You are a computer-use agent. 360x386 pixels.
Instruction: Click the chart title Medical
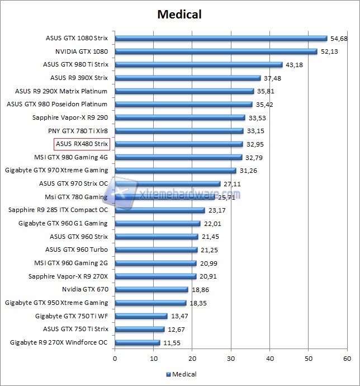tap(180, 13)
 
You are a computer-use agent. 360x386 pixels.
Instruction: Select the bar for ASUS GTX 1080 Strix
tap(221, 39)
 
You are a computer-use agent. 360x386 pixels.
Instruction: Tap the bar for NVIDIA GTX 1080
tap(216, 51)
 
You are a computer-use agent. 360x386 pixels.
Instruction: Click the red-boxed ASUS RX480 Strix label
tap(82, 144)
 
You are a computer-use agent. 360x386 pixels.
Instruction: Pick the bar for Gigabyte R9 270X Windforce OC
tap(138, 342)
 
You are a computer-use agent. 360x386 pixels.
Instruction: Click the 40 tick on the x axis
tap(270, 359)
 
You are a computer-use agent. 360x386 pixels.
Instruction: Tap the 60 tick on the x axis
tap(347, 359)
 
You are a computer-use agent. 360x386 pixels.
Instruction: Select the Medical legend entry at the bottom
tap(181, 374)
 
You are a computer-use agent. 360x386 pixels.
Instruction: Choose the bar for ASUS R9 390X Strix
tap(188, 78)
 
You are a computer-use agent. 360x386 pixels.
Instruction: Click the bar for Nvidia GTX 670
tap(151, 289)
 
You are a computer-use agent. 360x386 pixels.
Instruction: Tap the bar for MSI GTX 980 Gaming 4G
tap(178, 157)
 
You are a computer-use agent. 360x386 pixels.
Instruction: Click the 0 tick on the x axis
tap(115, 359)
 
